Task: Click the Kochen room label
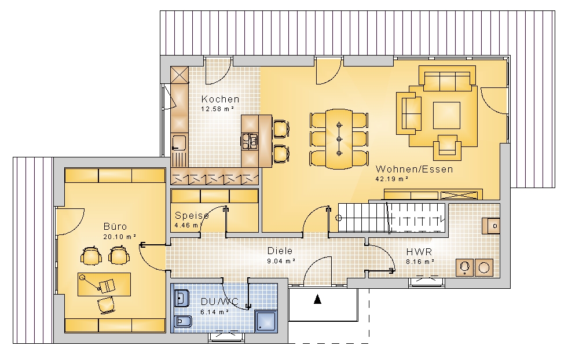coord(220,99)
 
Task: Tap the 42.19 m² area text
coord(392,179)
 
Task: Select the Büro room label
coord(115,226)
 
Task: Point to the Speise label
coord(192,215)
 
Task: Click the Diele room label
coord(280,251)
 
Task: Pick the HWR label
coord(419,252)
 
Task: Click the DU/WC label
coord(219,302)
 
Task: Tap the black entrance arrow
coord(317,299)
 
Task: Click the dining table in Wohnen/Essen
coord(339,139)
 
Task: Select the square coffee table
coord(446,115)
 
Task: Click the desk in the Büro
coord(104,284)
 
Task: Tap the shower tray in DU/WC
coord(266,322)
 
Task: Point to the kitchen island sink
coord(250,141)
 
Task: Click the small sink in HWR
coord(491,226)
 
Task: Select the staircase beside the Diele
coord(393,218)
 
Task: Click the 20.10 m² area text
coord(120,237)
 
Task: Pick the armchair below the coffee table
coord(447,148)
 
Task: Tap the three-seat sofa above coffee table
coord(447,79)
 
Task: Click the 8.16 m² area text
coord(420,262)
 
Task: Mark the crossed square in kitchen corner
coord(179,75)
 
